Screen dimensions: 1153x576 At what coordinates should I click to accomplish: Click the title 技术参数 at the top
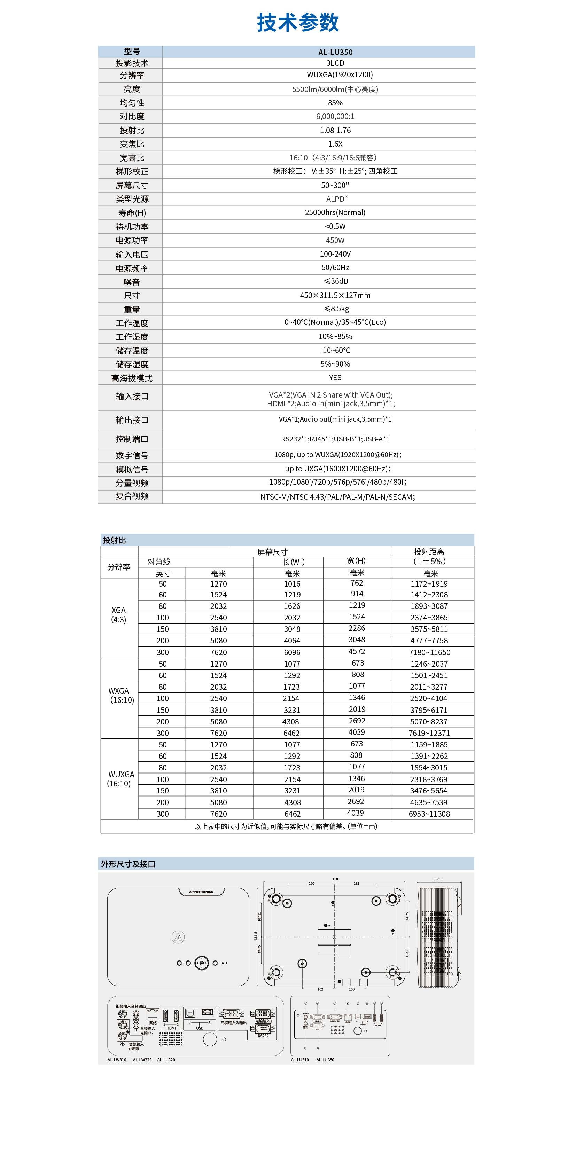pyautogui.click(x=298, y=22)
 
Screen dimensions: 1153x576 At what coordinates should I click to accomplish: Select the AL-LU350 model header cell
pyautogui.click(x=335, y=52)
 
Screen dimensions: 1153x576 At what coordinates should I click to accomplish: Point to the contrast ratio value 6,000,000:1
pyautogui.click(x=335, y=116)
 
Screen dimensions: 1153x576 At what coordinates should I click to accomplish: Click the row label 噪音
pyautogui.click(x=132, y=282)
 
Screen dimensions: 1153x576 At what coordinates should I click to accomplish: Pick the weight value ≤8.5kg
pyautogui.click(x=336, y=308)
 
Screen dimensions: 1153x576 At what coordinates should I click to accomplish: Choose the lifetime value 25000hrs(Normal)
pyautogui.click(x=335, y=213)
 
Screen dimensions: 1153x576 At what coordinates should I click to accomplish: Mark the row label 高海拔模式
pyautogui.click(x=132, y=378)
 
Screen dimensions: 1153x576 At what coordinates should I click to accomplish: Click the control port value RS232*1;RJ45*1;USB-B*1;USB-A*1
pyautogui.click(x=335, y=439)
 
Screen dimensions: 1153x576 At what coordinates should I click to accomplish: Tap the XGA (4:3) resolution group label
pyautogui.click(x=119, y=614)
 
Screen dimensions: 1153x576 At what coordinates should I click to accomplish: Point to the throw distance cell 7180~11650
pyautogui.click(x=429, y=652)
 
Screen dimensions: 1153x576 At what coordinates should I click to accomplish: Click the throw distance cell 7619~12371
pyautogui.click(x=429, y=733)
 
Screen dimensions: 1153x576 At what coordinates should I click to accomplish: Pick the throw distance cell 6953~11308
pyautogui.click(x=429, y=814)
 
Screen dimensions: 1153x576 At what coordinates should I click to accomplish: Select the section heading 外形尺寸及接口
pyautogui.click(x=128, y=863)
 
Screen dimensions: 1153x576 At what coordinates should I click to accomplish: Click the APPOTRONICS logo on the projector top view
pyautogui.click(x=201, y=892)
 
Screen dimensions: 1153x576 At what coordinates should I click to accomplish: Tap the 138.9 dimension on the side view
pyautogui.click(x=438, y=879)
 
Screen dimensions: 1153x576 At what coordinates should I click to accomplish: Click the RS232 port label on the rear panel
pyautogui.click(x=263, y=1036)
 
